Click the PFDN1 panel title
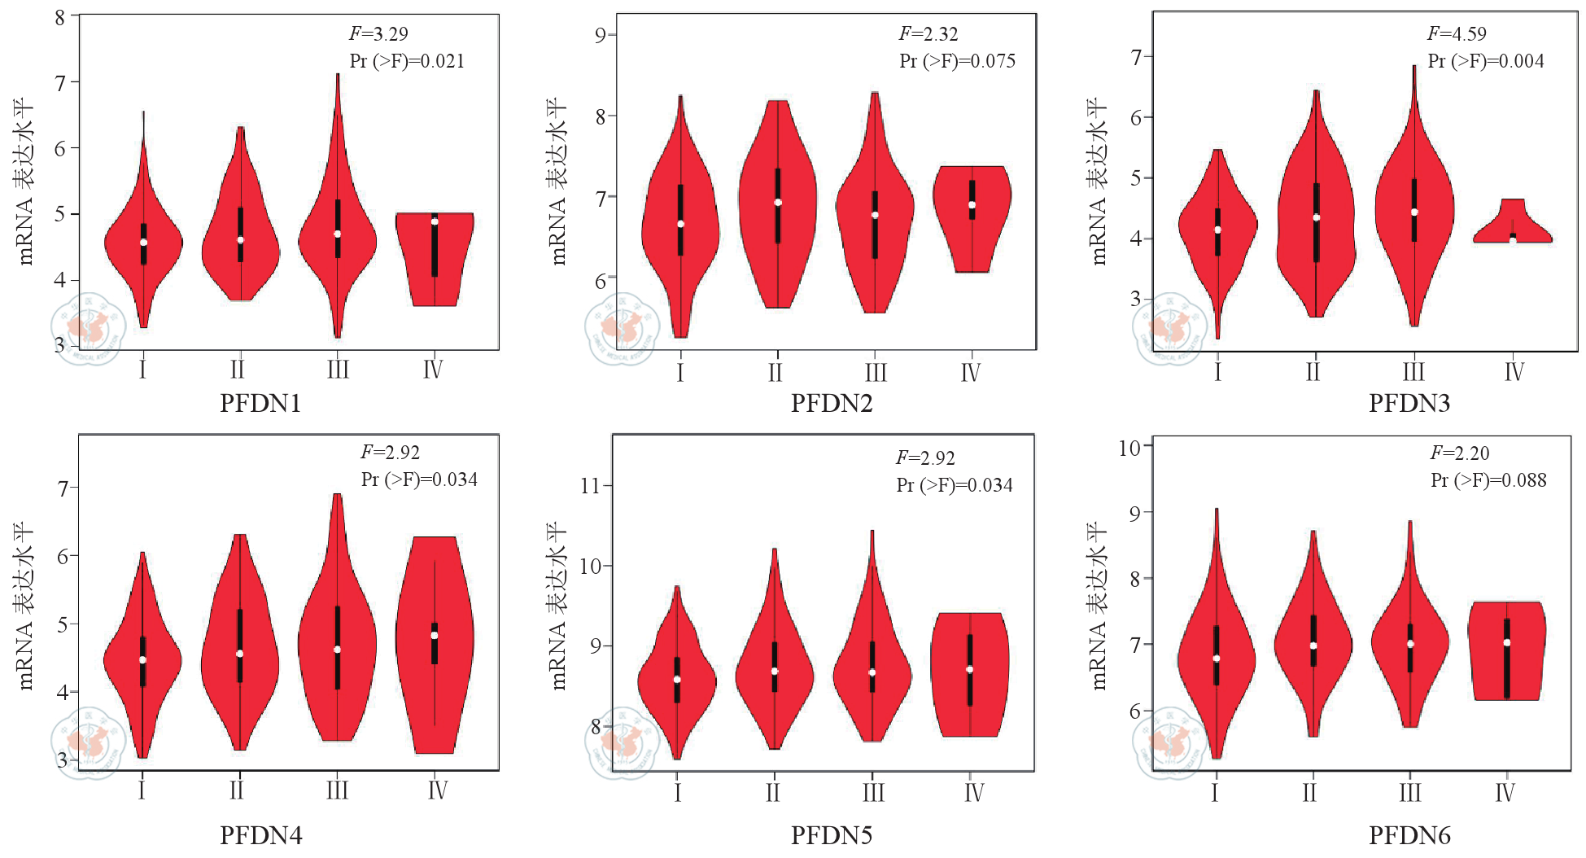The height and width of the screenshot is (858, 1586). pyautogui.click(x=260, y=403)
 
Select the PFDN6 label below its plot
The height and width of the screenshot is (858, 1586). pyautogui.click(x=1409, y=835)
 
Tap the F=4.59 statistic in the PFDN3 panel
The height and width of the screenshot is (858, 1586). pyautogui.click(x=1457, y=34)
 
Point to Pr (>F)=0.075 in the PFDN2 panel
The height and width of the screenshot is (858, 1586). pyautogui.click(x=957, y=61)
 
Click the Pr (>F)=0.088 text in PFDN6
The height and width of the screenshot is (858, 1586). pyautogui.click(x=1488, y=480)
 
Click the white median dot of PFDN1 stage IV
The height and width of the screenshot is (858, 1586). pyautogui.click(x=435, y=221)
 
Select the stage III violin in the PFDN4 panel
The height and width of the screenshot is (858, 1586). pyautogui.click(x=337, y=635)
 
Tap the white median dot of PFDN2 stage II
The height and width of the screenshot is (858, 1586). pyautogui.click(x=778, y=203)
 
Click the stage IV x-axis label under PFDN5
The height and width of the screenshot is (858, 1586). pyautogui.click(x=973, y=792)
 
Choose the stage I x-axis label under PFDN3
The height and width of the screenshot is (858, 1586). pyautogui.click(x=1217, y=372)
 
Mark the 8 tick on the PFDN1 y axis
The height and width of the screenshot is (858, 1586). pyautogui.click(x=60, y=17)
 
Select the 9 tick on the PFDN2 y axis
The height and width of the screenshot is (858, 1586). pyautogui.click(x=601, y=35)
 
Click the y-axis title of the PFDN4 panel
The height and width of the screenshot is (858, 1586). pyautogui.click(x=24, y=606)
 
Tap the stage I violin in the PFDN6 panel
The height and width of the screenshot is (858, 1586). pyautogui.click(x=1217, y=651)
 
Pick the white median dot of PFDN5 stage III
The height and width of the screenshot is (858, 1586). pyautogui.click(x=872, y=672)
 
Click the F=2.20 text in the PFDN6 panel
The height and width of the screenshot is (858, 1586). pyautogui.click(x=1460, y=453)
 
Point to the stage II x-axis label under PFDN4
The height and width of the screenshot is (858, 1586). pyautogui.click(x=237, y=790)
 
